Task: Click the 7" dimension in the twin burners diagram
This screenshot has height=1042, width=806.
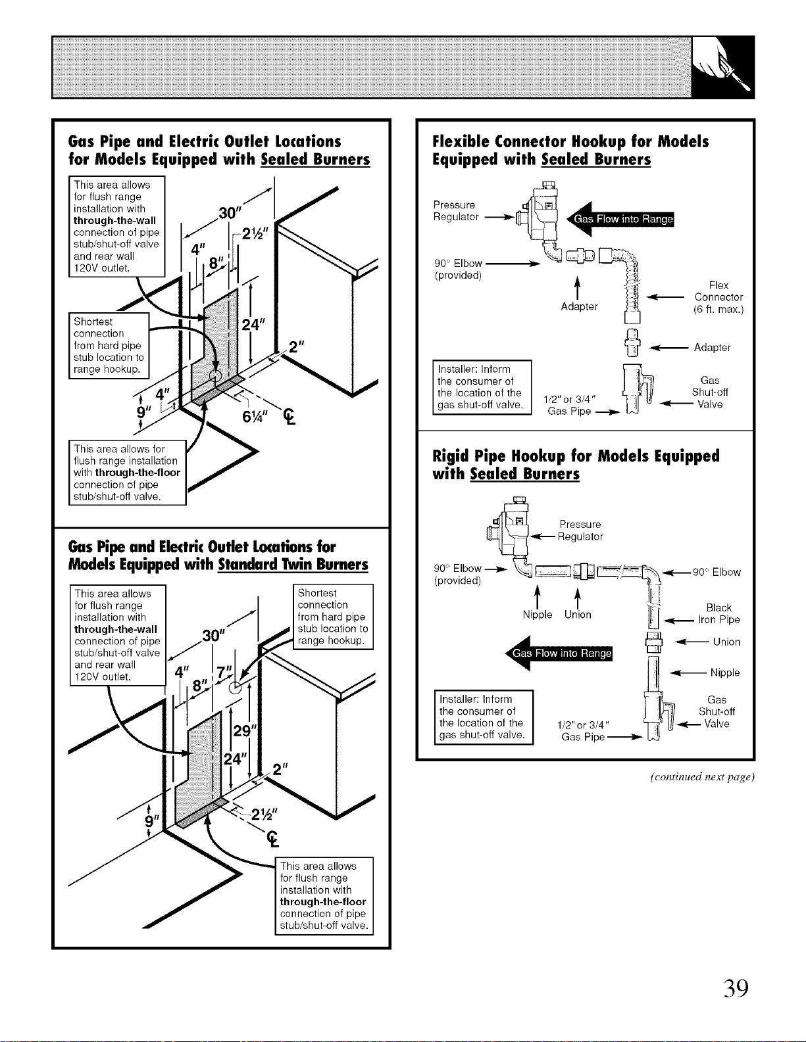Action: (x=223, y=672)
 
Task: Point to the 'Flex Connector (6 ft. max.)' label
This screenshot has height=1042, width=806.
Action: (x=718, y=297)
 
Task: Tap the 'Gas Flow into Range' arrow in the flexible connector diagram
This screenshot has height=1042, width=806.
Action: (x=620, y=219)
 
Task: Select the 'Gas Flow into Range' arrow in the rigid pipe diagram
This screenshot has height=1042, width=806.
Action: (x=559, y=653)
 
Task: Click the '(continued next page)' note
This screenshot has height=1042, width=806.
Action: (x=702, y=777)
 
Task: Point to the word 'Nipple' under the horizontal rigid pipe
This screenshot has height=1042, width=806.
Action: (x=538, y=614)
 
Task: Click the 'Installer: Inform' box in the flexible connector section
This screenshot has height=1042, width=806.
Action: (x=482, y=387)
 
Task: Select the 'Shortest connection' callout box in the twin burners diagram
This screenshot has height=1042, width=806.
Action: (x=333, y=617)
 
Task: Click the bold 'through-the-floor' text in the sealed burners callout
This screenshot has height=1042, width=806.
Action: (x=138, y=472)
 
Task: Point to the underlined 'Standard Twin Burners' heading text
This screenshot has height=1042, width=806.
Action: (x=293, y=564)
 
